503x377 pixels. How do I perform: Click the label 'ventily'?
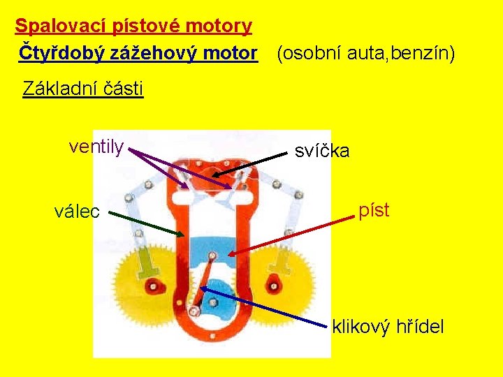[96, 147]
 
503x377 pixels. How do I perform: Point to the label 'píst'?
[374, 209]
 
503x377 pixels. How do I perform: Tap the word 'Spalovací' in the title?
[59, 27]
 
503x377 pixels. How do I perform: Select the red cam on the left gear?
[154, 286]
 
